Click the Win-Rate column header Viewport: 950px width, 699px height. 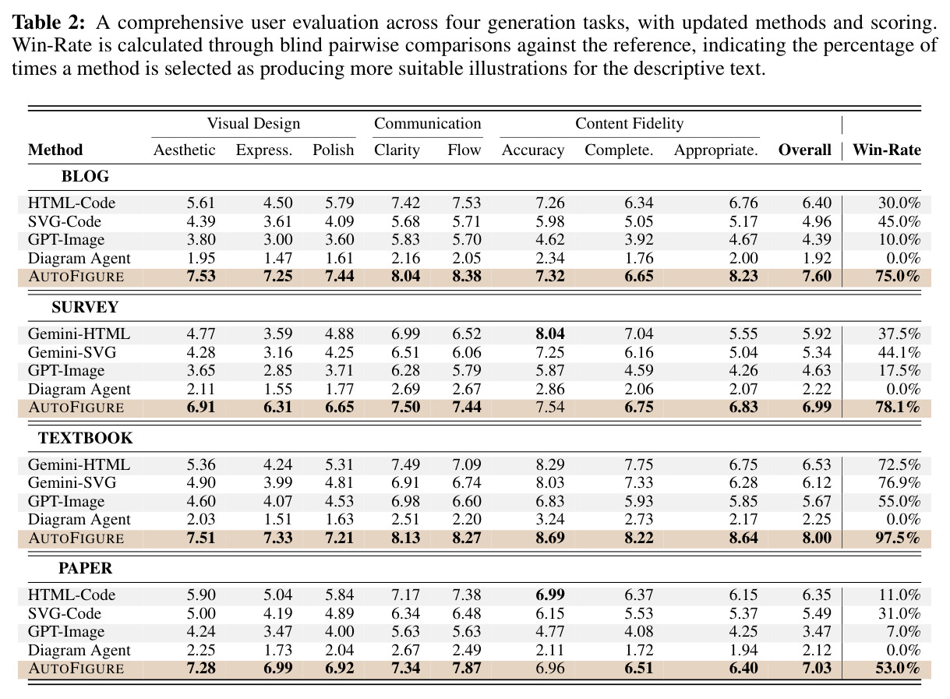886,150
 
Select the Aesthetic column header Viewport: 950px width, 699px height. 184,150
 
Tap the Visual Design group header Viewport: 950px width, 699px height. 253,123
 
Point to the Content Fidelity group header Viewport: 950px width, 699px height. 630,123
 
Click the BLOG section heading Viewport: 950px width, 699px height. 85,176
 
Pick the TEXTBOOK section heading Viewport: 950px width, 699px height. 85,438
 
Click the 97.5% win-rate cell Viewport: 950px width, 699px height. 898,538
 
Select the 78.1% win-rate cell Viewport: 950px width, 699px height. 898,408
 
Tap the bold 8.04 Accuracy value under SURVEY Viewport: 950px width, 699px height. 550,334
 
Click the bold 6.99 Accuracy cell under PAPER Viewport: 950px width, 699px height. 550,595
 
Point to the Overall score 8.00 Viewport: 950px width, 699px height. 817,538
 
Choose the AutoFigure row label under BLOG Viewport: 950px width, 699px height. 76,277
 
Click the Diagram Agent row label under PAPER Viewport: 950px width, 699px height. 79,650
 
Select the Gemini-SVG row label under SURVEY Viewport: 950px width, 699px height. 72,352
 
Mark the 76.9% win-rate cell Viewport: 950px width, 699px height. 899,482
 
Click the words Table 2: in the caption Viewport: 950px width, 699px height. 49,22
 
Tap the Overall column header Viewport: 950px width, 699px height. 804,150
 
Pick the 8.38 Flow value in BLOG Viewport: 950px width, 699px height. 467,277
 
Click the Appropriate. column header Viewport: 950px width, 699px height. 716,150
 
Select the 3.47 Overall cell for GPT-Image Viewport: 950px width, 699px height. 817,631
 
